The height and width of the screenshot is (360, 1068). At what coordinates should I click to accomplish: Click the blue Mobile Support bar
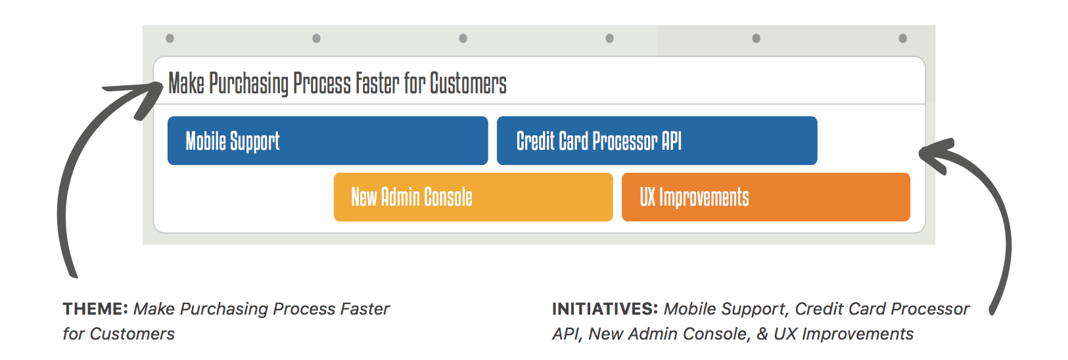coord(327,141)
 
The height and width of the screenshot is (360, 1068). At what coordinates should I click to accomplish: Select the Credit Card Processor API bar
coord(657,141)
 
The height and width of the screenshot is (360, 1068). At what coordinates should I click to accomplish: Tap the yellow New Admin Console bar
coord(473,197)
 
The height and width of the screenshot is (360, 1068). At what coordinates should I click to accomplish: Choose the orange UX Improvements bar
coord(766,197)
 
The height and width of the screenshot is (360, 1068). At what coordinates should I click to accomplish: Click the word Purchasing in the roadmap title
coord(249,83)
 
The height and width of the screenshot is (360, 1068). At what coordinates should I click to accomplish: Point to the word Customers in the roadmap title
coord(468,83)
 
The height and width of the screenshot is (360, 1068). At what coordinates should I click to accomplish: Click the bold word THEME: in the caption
coord(95,309)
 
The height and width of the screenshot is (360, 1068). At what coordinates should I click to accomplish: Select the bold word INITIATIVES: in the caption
coord(605,309)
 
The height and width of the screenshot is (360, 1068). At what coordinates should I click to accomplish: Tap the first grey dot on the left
coord(170,38)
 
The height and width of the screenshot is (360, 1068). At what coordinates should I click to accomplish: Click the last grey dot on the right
coord(902,38)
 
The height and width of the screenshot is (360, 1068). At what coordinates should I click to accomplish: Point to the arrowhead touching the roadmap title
coord(143,95)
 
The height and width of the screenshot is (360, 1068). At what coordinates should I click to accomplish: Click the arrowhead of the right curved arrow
coord(937,155)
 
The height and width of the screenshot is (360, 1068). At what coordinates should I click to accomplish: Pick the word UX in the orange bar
coord(647,197)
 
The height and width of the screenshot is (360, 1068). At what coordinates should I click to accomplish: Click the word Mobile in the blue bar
coord(206,141)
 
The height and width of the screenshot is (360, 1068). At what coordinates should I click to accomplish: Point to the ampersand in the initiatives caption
coord(762,334)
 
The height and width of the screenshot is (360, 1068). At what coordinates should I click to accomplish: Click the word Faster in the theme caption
coord(365,309)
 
